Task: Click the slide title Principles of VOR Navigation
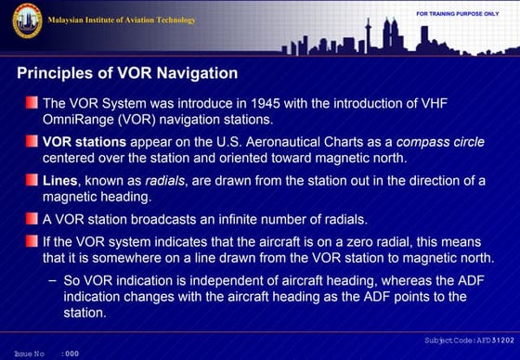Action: pos(128,72)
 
